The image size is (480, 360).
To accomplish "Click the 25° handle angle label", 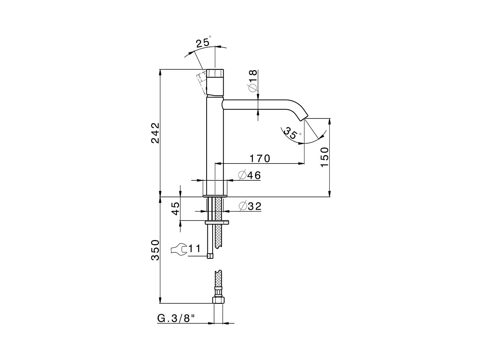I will click(203, 42).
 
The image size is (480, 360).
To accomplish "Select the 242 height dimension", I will click(155, 133).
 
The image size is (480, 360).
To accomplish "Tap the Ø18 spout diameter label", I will click(252, 81).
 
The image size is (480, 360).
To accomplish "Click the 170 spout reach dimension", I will click(259, 159).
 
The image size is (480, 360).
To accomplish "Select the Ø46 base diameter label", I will click(249, 175).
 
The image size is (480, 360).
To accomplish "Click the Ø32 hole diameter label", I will click(250, 206).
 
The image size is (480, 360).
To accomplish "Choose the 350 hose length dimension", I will click(155, 250).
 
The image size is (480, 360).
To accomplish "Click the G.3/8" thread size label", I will click(176, 318).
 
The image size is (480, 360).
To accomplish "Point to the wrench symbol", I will click(178, 249).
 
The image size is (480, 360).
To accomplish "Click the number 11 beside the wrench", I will click(195, 249).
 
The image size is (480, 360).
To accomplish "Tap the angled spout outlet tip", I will click(303, 116).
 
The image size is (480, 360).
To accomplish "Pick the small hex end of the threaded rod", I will click(210, 256).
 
